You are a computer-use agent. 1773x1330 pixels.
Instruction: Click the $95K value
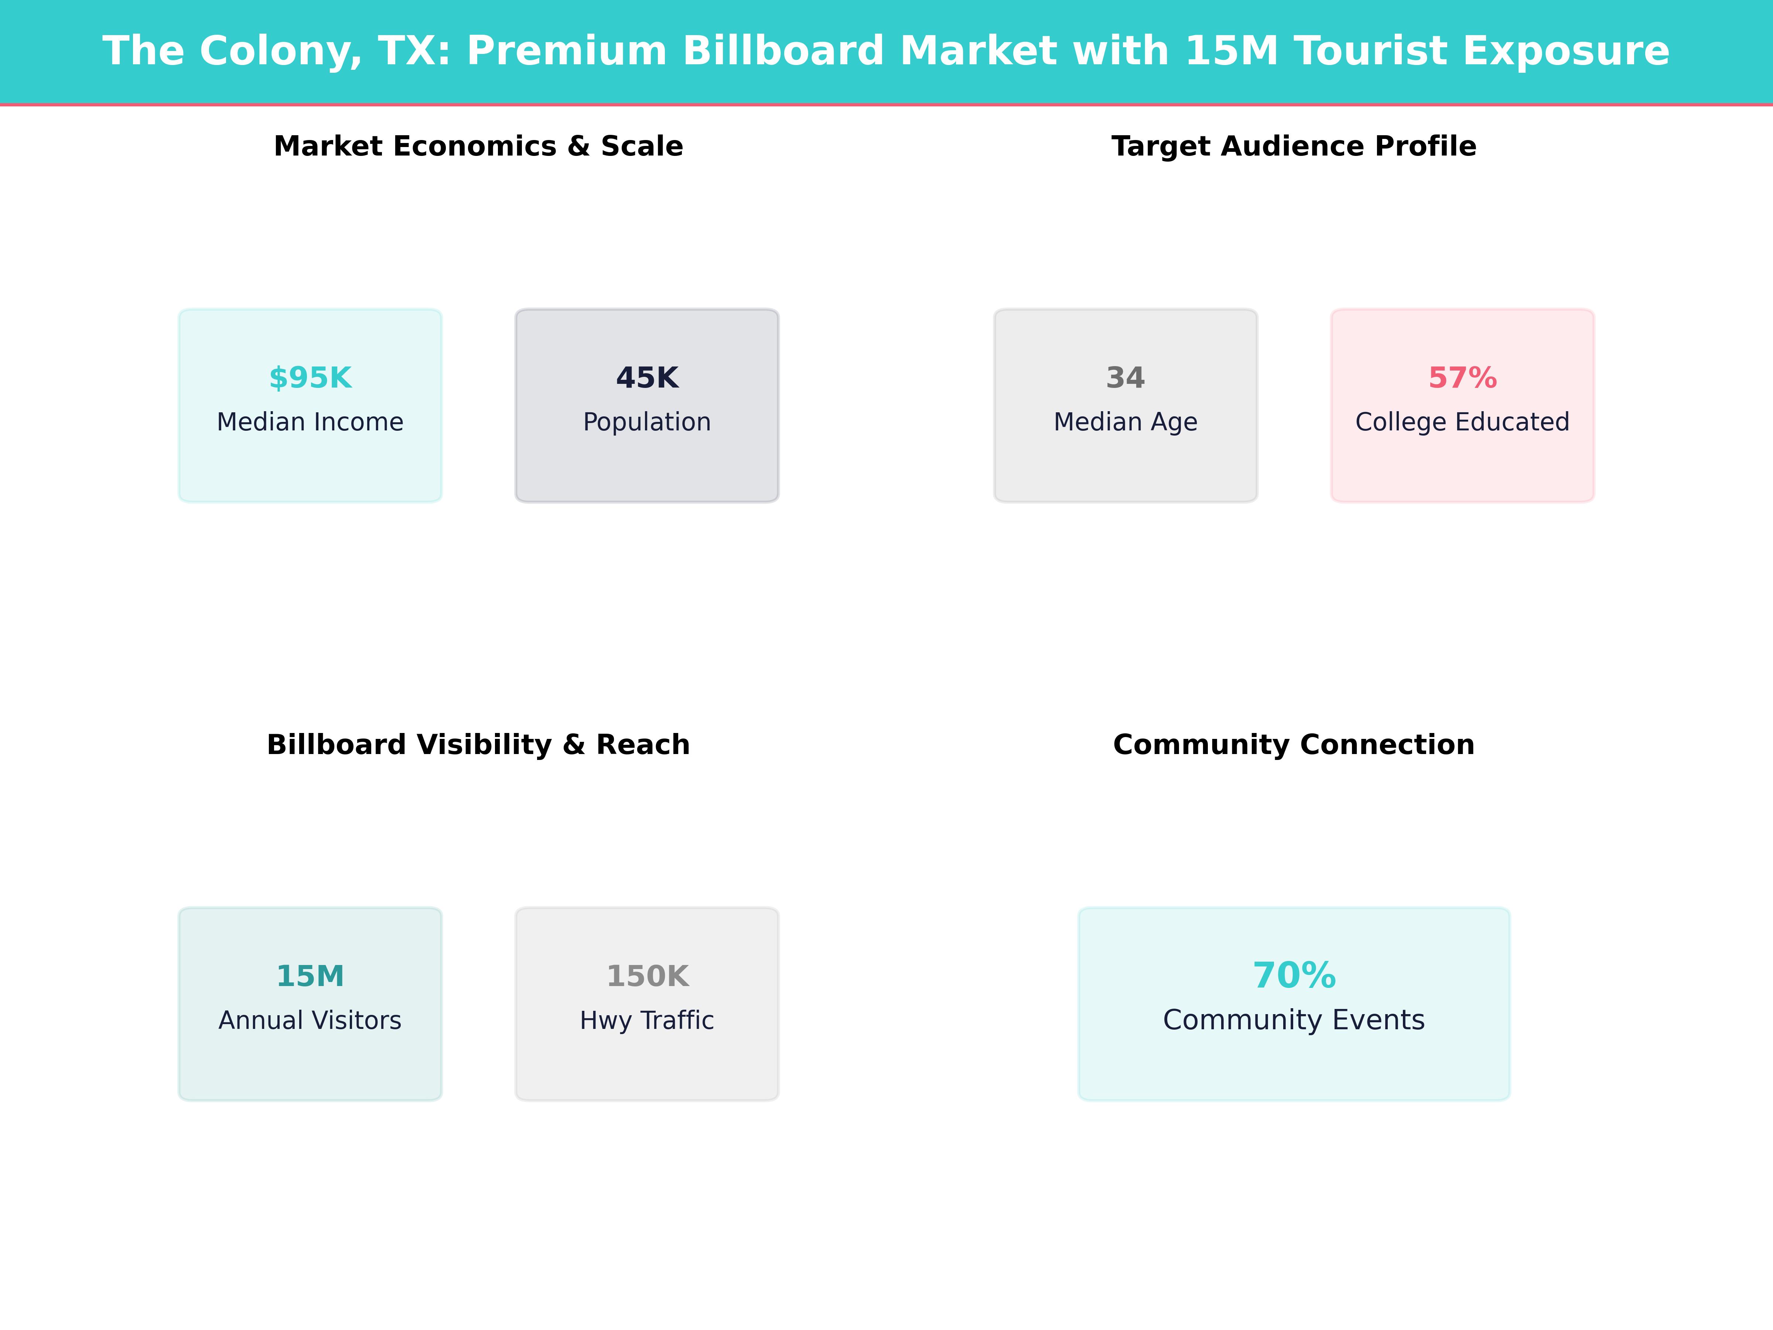310,378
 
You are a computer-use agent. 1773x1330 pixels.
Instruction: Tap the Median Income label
310,422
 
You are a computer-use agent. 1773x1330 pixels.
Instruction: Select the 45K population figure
647,378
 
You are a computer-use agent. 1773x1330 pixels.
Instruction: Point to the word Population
647,422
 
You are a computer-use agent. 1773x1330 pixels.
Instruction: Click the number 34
1125,378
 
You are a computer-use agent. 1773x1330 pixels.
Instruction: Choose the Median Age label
1125,422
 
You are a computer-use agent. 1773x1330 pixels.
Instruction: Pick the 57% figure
1462,378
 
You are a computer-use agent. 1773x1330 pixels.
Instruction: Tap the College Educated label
1462,422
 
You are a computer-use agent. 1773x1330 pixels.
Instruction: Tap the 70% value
1294,976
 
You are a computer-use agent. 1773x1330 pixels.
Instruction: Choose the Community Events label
1294,1020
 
